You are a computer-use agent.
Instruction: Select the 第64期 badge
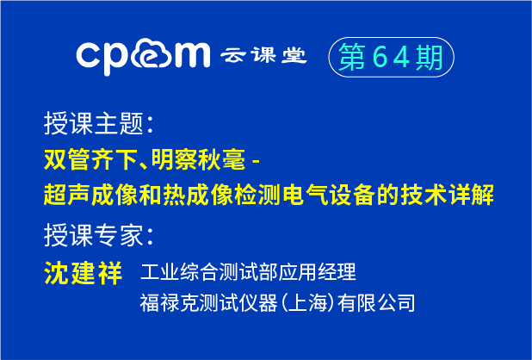click(390, 58)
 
